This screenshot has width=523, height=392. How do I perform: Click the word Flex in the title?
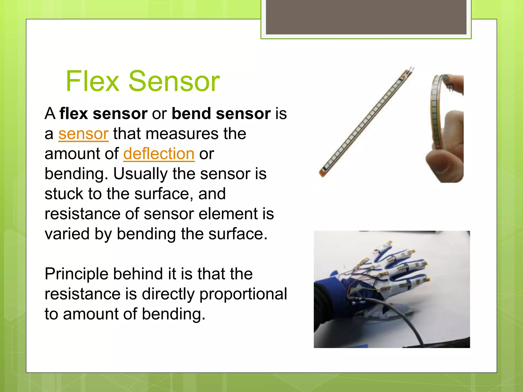point(92,81)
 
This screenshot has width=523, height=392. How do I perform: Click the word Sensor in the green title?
point(174,81)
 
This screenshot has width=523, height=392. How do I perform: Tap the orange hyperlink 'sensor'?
point(84,134)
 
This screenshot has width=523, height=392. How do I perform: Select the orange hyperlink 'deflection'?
point(159,154)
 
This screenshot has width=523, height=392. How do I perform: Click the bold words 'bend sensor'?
point(221,114)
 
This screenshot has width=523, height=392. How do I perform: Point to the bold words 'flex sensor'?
point(103,114)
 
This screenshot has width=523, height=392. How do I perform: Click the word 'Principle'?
point(77,274)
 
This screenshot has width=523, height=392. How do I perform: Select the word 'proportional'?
point(243,294)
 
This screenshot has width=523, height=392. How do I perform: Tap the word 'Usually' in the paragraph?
point(140,174)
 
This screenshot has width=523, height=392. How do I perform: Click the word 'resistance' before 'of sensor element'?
point(82,214)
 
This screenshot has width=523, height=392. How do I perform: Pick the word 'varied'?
point(67,234)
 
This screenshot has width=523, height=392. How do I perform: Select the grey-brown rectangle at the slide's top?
point(366,17)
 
